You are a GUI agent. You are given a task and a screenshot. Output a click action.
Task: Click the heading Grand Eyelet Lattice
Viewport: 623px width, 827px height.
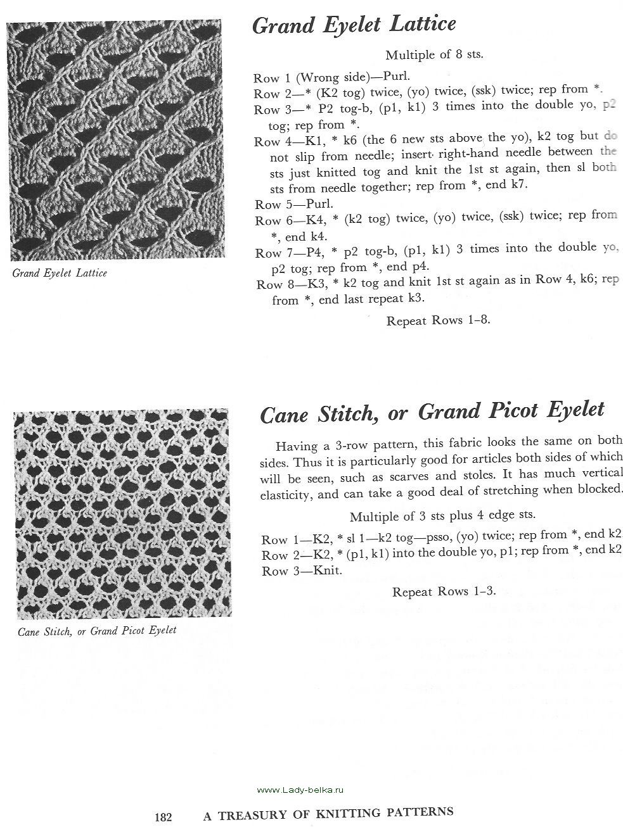click(354, 25)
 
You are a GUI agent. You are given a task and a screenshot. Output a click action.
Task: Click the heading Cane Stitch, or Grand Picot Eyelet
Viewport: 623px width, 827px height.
click(432, 412)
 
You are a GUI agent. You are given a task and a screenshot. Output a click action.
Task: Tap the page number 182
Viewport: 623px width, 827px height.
click(164, 817)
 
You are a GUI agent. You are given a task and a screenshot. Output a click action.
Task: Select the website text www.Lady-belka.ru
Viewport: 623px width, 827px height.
click(300, 790)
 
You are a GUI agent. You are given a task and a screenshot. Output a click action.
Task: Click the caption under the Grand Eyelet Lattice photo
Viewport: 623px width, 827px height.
click(60, 274)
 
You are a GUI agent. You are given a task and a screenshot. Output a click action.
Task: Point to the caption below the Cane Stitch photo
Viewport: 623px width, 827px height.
click(97, 631)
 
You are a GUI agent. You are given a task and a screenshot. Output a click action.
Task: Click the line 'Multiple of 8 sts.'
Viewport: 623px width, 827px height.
click(434, 54)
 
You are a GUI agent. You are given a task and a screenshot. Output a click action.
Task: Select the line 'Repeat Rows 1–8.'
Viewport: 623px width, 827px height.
click(438, 320)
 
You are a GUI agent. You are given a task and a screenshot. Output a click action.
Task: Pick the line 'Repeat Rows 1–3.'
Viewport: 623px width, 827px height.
click(443, 592)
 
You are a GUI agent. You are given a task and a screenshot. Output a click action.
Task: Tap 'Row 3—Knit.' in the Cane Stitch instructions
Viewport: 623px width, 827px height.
click(302, 571)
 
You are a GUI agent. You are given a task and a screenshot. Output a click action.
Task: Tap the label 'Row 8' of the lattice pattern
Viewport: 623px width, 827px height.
click(269, 284)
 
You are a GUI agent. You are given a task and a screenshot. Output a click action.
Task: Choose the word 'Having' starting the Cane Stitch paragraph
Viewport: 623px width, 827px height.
click(295, 441)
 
